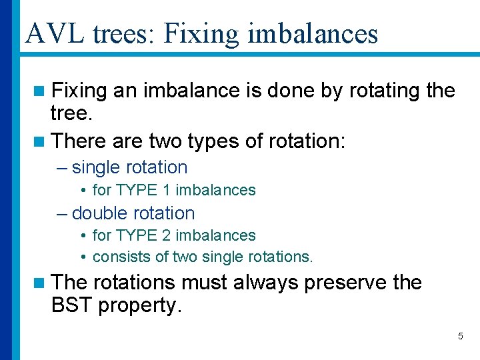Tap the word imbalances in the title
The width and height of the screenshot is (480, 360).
click(x=311, y=33)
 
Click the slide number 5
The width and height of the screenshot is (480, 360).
click(x=460, y=336)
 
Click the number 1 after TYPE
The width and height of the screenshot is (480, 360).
click(x=167, y=190)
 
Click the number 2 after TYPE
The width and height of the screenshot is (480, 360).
click(x=167, y=235)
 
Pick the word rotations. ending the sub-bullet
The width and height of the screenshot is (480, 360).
click(x=280, y=257)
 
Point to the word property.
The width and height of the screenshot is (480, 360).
click(x=145, y=307)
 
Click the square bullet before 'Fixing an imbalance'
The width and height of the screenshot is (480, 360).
click(x=41, y=91)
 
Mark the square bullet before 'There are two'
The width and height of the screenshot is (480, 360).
click(x=41, y=141)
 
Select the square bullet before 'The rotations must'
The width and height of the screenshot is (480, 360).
click(x=41, y=283)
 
